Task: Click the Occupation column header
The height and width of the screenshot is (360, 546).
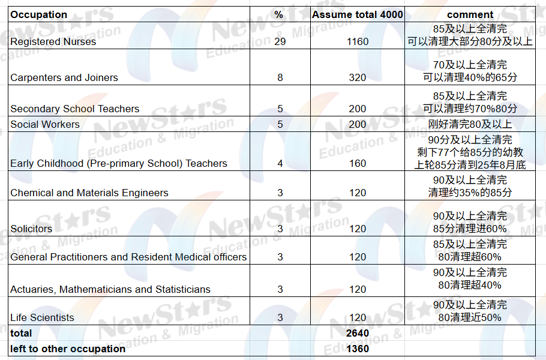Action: [x=39, y=14]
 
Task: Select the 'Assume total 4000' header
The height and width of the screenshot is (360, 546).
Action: [x=358, y=14]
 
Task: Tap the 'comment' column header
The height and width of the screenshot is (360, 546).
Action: [x=470, y=14]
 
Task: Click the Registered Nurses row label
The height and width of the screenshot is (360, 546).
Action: [x=53, y=41]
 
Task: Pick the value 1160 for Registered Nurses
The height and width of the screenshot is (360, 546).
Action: [x=358, y=41]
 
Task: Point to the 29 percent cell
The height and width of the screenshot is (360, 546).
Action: [x=280, y=41]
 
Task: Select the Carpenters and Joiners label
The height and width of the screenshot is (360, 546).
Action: [x=64, y=77]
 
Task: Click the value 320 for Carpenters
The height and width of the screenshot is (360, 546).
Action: [x=358, y=77]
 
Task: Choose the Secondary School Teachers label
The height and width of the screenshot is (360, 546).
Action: [x=74, y=109]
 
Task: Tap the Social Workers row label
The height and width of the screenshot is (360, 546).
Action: [x=45, y=124]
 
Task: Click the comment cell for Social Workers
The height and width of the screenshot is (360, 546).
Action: [x=470, y=124]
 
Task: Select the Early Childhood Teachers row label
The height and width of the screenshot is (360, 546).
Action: [x=119, y=163]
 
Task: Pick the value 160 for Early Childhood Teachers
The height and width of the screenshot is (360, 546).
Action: [x=358, y=163]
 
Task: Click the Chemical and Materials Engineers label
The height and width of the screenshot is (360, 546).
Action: [x=89, y=193]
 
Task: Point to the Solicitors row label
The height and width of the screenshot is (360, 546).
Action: [x=31, y=229]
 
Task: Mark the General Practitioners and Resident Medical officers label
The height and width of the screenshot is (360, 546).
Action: [x=128, y=257]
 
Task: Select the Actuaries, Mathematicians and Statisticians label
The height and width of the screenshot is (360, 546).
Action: [x=110, y=289]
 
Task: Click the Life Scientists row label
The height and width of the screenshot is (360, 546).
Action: [x=42, y=317]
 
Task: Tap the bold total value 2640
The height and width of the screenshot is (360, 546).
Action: [x=358, y=333]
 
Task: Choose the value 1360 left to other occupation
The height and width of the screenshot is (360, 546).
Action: [x=358, y=349]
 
